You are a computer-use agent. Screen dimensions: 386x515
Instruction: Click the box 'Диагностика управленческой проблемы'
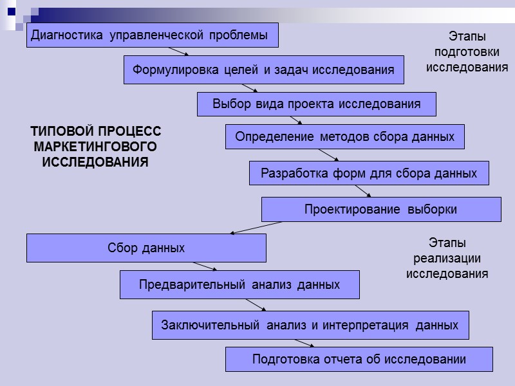[153, 35]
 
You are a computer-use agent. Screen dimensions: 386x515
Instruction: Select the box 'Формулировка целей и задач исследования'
[263, 69]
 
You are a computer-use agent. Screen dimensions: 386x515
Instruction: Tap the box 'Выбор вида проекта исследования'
[316, 104]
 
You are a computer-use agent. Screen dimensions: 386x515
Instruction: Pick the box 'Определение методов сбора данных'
[344, 137]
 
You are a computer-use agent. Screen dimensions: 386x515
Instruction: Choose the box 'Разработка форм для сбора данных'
[369, 173]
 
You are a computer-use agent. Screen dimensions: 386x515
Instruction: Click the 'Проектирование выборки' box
[380, 209]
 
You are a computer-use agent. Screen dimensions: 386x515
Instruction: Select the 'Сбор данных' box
[146, 248]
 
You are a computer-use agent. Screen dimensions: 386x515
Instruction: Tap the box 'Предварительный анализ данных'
[239, 284]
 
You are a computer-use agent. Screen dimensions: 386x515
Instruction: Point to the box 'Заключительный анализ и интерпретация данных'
[310, 325]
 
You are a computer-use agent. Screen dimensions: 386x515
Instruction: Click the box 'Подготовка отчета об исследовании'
[359, 359]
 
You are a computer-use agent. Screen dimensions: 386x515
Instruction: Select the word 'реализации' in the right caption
[447, 259]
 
